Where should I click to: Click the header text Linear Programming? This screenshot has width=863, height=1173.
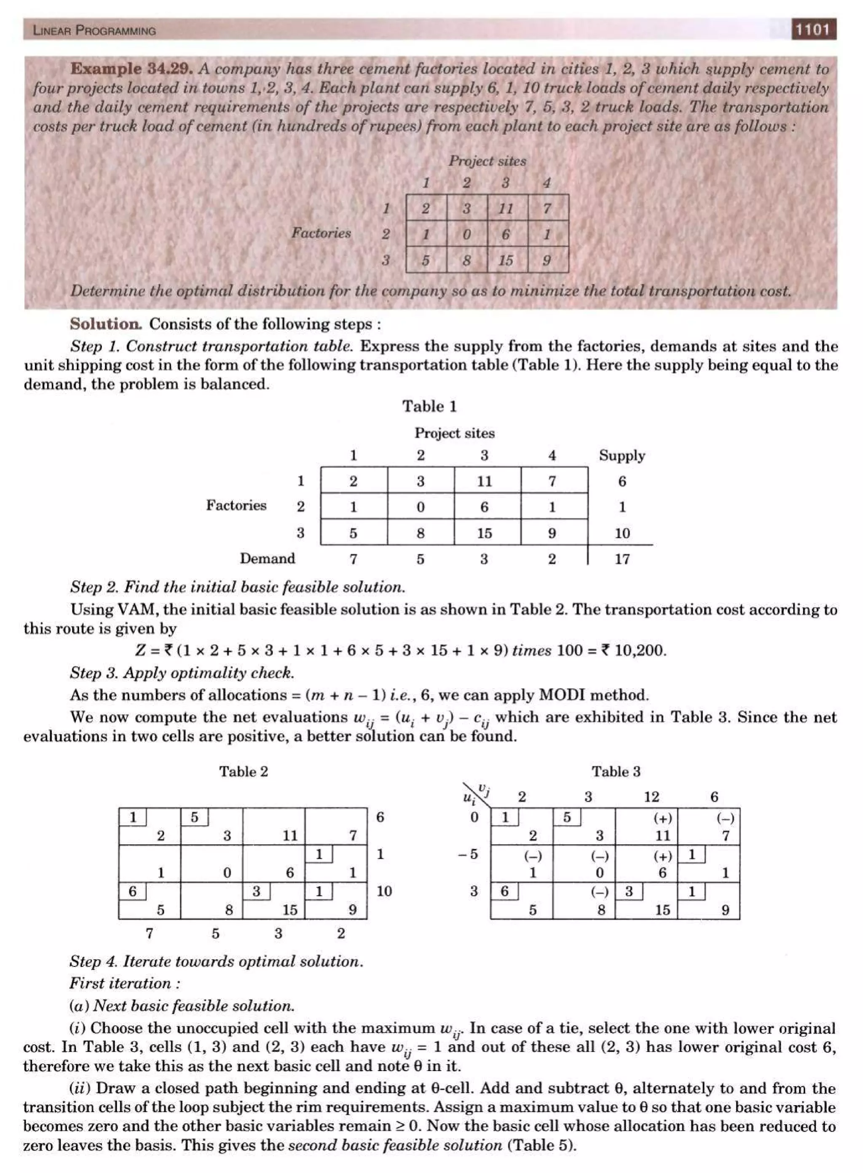[94, 30]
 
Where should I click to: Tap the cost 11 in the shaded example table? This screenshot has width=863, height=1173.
[506, 209]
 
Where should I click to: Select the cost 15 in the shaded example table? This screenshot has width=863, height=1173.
[506, 260]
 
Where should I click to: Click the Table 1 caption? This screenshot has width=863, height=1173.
[429, 406]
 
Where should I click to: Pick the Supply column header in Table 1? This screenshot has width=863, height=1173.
[622, 455]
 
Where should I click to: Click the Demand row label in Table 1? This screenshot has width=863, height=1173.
[267, 558]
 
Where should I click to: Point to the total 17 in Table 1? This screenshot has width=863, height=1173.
[622, 559]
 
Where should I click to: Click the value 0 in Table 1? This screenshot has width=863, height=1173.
[421, 507]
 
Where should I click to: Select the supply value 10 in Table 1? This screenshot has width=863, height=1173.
[622, 533]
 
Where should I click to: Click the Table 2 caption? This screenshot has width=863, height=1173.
[244, 771]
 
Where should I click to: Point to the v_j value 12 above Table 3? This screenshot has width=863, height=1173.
[651, 797]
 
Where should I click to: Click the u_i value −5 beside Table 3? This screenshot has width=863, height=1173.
[468, 854]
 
